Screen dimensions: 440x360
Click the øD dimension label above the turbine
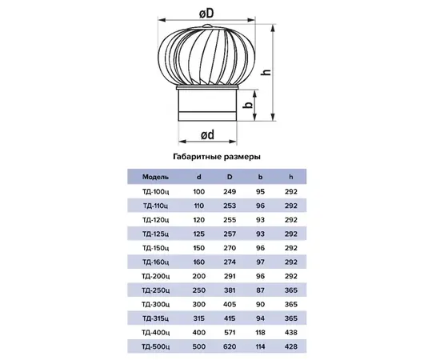coord(207,13)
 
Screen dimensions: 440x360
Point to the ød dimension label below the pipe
coord(208,134)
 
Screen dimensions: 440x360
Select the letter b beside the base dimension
coord(248,105)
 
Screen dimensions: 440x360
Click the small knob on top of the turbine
coord(208,26)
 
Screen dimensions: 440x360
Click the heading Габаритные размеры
coord(217,157)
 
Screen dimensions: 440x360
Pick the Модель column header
coord(155,177)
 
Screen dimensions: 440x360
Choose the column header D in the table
coord(230,177)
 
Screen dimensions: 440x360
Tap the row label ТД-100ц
coord(155,192)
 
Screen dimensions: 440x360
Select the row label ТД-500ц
coord(155,347)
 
